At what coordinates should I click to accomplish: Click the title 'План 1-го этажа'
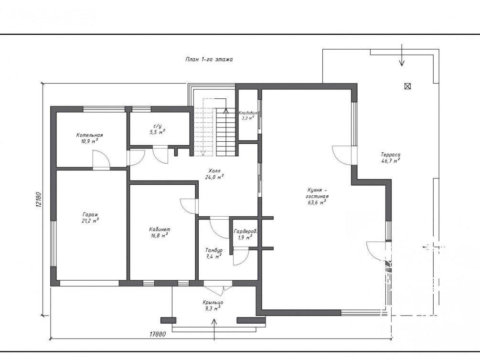pyautogui.click(x=209, y=59)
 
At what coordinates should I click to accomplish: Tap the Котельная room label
pyautogui.click(x=89, y=135)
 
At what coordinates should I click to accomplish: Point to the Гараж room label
pyautogui.click(x=90, y=214)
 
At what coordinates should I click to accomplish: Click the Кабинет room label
pyautogui.click(x=160, y=229)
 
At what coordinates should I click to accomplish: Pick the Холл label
pyautogui.click(x=214, y=171)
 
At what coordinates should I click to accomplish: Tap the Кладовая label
pyautogui.click(x=248, y=113)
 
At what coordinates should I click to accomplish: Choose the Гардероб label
pyautogui.click(x=245, y=232)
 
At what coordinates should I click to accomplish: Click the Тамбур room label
pyautogui.click(x=214, y=250)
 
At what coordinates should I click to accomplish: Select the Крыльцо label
pyautogui.click(x=213, y=302)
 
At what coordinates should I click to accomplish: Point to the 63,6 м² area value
pyautogui.click(x=316, y=202)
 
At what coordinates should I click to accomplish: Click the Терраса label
pyautogui.click(x=391, y=155)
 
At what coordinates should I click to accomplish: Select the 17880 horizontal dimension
pyautogui.click(x=158, y=334)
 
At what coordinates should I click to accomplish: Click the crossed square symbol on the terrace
pyautogui.click(x=407, y=86)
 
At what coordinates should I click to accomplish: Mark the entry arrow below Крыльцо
pyautogui.click(x=214, y=329)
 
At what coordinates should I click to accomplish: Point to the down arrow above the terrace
pyautogui.click(x=402, y=55)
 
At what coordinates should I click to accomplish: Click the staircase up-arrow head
pyautogui.click(x=226, y=110)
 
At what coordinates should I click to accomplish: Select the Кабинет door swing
pyautogui.click(x=189, y=206)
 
